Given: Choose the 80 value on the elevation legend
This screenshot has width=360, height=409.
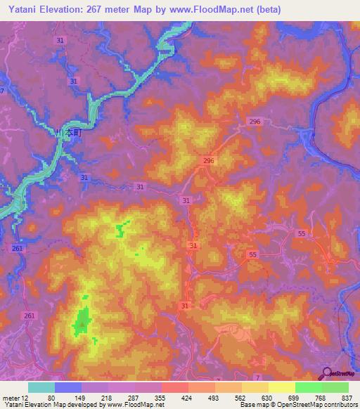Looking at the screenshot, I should point(51,397).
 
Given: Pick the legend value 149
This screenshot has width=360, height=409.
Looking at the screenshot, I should point(79,397).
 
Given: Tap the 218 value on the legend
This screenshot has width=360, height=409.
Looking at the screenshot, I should point(106,397).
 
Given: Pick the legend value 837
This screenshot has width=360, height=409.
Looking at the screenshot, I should point(348,397).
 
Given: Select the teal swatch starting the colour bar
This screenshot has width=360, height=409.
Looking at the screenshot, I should point(41,387).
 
